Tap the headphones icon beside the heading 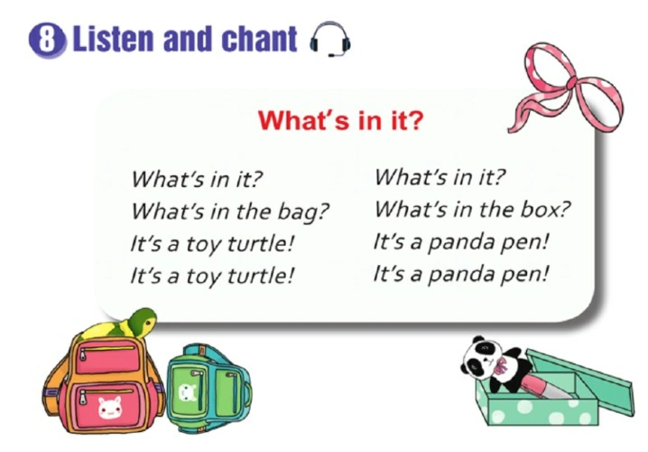click(329, 41)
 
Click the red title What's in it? click(339, 120)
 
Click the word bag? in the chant click(299, 212)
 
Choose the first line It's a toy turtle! click(212, 244)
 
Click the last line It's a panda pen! click(460, 273)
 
